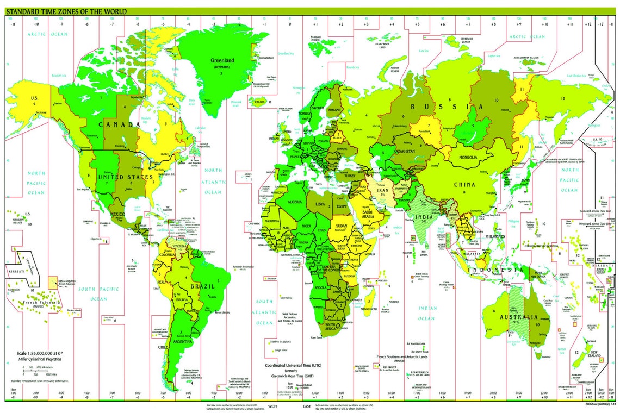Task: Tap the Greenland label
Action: click(x=222, y=60)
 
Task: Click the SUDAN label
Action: click(x=342, y=225)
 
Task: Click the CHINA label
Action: click(x=465, y=184)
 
